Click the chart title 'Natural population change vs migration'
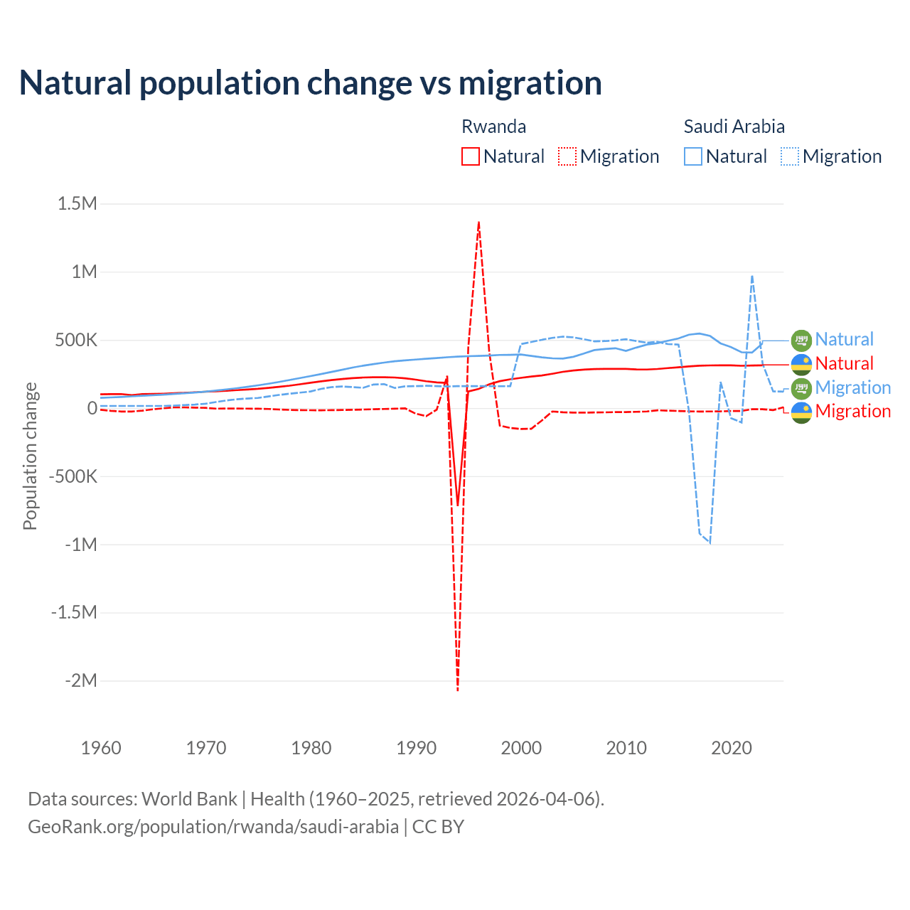pos(310,83)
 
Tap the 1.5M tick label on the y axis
pos(77,204)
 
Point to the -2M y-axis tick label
pos(81,681)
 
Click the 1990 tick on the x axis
pos(416,748)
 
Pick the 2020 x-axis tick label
pos(732,748)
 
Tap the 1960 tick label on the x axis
pos(101,748)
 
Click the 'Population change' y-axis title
pos(30,456)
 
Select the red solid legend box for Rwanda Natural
pos(470,156)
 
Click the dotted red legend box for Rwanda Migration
pos(567,156)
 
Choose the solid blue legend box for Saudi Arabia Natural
pos(692,156)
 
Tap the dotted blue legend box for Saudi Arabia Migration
pos(790,156)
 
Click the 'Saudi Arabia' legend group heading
pos(734,127)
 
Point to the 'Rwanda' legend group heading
pos(493,127)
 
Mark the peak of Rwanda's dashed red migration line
pos(478,222)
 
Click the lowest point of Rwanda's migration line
pos(457,690)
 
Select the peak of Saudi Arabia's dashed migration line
pos(752,276)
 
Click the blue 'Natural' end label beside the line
pos(844,339)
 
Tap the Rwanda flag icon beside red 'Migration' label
pos(801,412)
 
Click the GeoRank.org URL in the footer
pos(213,827)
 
